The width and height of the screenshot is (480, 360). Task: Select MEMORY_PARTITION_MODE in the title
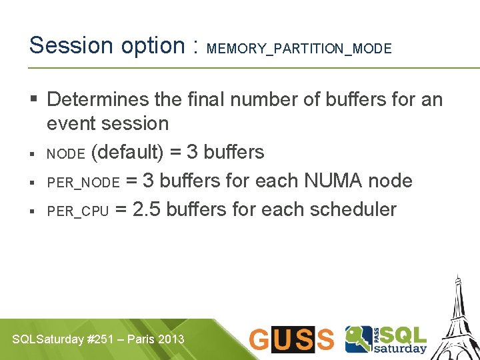click(299, 49)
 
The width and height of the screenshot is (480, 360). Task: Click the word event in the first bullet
click(70, 123)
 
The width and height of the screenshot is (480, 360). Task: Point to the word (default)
click(127, 153)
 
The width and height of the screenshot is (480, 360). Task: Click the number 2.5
click(147, 210)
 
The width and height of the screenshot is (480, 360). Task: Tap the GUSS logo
click(291, 339)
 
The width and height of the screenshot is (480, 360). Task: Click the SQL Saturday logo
click(386, 339)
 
